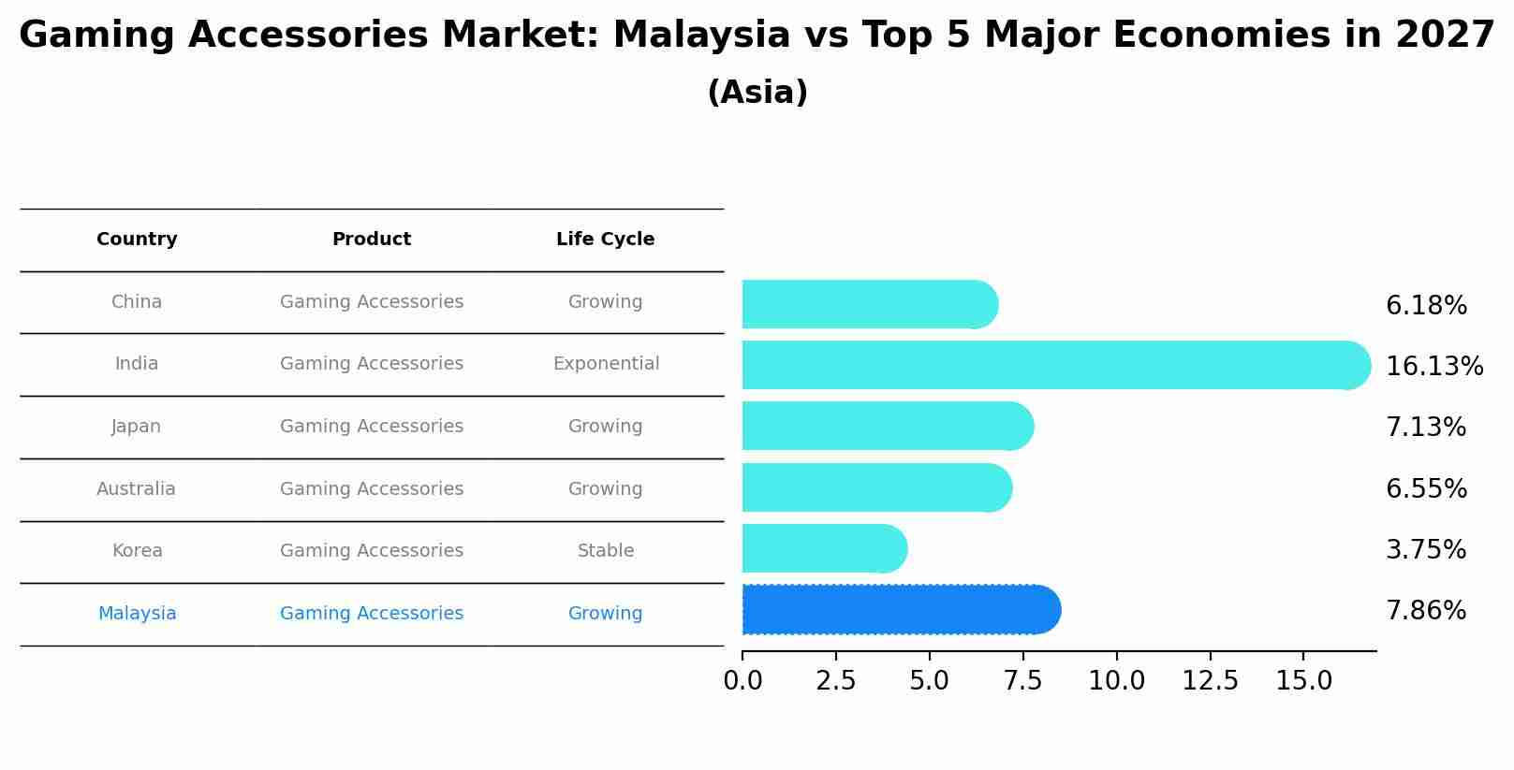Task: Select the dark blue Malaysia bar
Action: click(x=899, y=610)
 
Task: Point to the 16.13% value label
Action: click(x=1433, y=367)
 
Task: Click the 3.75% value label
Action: click(x=1425, y=550)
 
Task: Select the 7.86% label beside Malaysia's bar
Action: click(x=1425, y=611)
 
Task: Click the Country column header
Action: click(x=137, y=240)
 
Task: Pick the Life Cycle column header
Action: click(x=605, y=240)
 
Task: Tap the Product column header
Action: click(x=371, y=240)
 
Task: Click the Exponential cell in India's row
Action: click(x=606, y=364)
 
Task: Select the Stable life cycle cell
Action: click(x=606, y=551)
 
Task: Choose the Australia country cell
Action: click(x=136, y=489)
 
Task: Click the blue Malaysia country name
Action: click(x=137, y=614)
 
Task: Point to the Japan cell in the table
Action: click(x=136, y=427)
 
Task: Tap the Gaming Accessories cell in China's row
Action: click(x=371, y=302)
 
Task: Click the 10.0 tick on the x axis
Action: click(x=1116, y=681)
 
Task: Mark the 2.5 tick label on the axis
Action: click(x=835, y=681)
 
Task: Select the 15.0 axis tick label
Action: click(x=1303, y=681)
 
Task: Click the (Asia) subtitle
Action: click(x=757, y=93)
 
